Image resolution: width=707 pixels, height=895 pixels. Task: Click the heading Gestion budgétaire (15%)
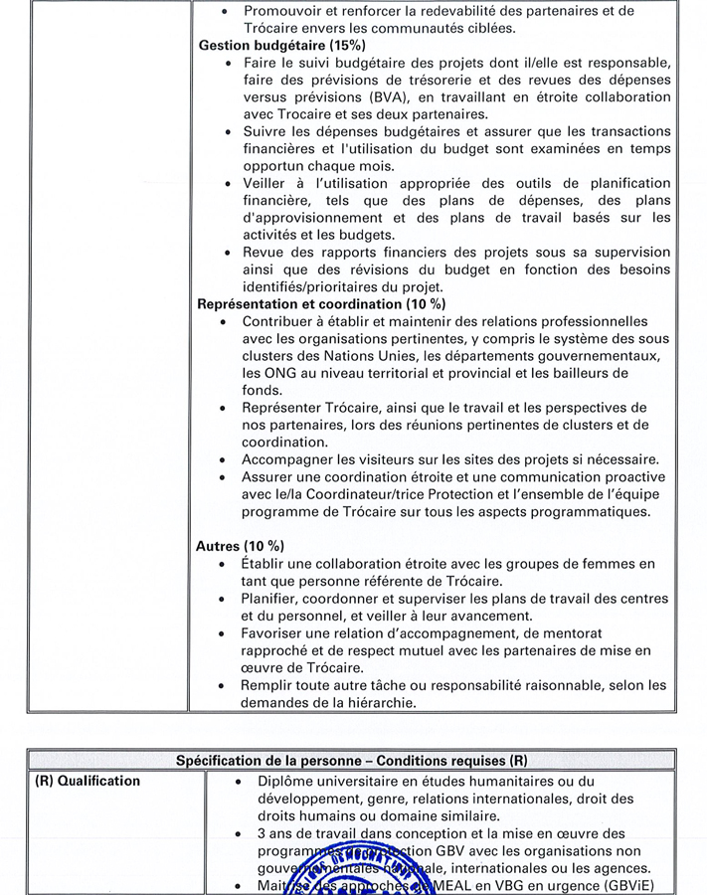click(281, 46)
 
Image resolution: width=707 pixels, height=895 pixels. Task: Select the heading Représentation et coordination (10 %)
click(321, 303)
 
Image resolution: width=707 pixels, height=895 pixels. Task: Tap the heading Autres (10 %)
click(240, 546)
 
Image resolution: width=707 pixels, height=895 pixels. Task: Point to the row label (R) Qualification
click(88, 781)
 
